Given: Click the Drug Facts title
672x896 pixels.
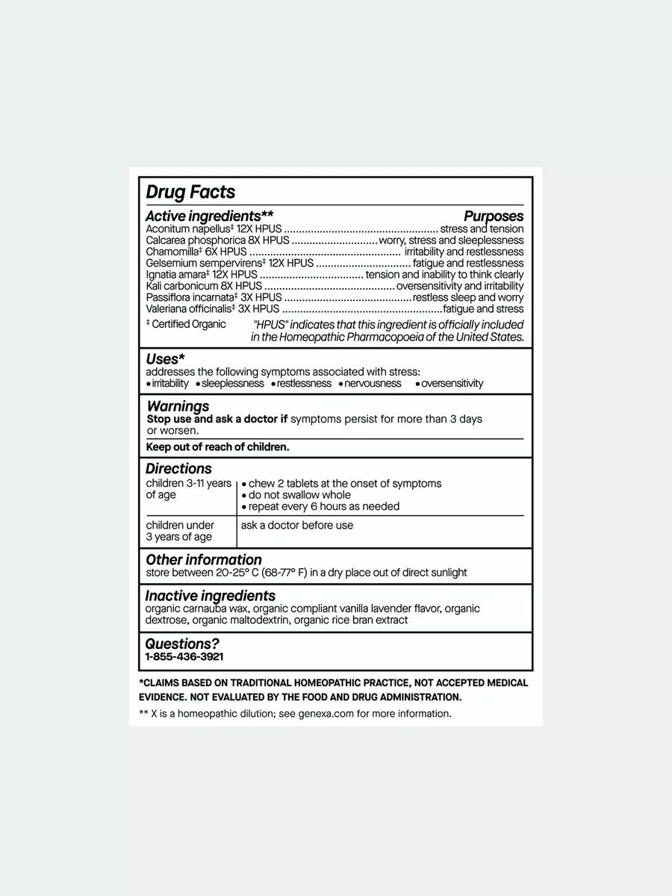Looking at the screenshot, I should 190,192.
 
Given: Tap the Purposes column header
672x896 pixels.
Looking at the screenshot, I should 494,217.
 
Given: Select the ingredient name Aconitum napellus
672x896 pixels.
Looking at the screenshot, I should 178,229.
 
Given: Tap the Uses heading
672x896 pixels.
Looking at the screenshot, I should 165,359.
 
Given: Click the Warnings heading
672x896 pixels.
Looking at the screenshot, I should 178,406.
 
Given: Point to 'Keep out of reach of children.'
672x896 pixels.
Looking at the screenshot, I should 217,447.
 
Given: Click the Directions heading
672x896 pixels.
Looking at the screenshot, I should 178,469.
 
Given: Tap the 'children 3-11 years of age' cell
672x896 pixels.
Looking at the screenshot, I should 188,489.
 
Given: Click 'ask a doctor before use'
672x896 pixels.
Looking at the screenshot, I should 296,525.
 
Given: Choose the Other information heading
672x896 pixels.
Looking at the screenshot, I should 203,560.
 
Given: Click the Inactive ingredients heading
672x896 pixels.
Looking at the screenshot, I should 210,596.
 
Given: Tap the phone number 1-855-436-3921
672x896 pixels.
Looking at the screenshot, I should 184,657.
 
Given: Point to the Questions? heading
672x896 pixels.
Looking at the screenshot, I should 182,644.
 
